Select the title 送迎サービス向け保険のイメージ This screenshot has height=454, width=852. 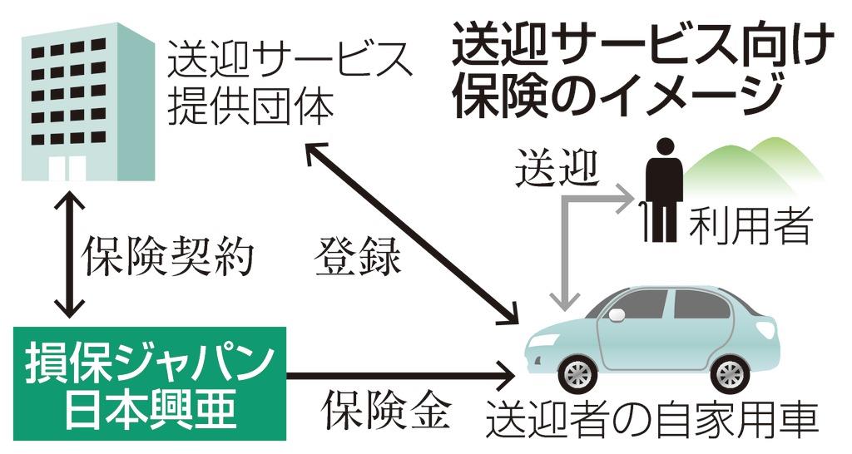(641, 71)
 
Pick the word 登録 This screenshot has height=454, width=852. (358, 259)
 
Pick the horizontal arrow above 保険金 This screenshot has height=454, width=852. (399, 377)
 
